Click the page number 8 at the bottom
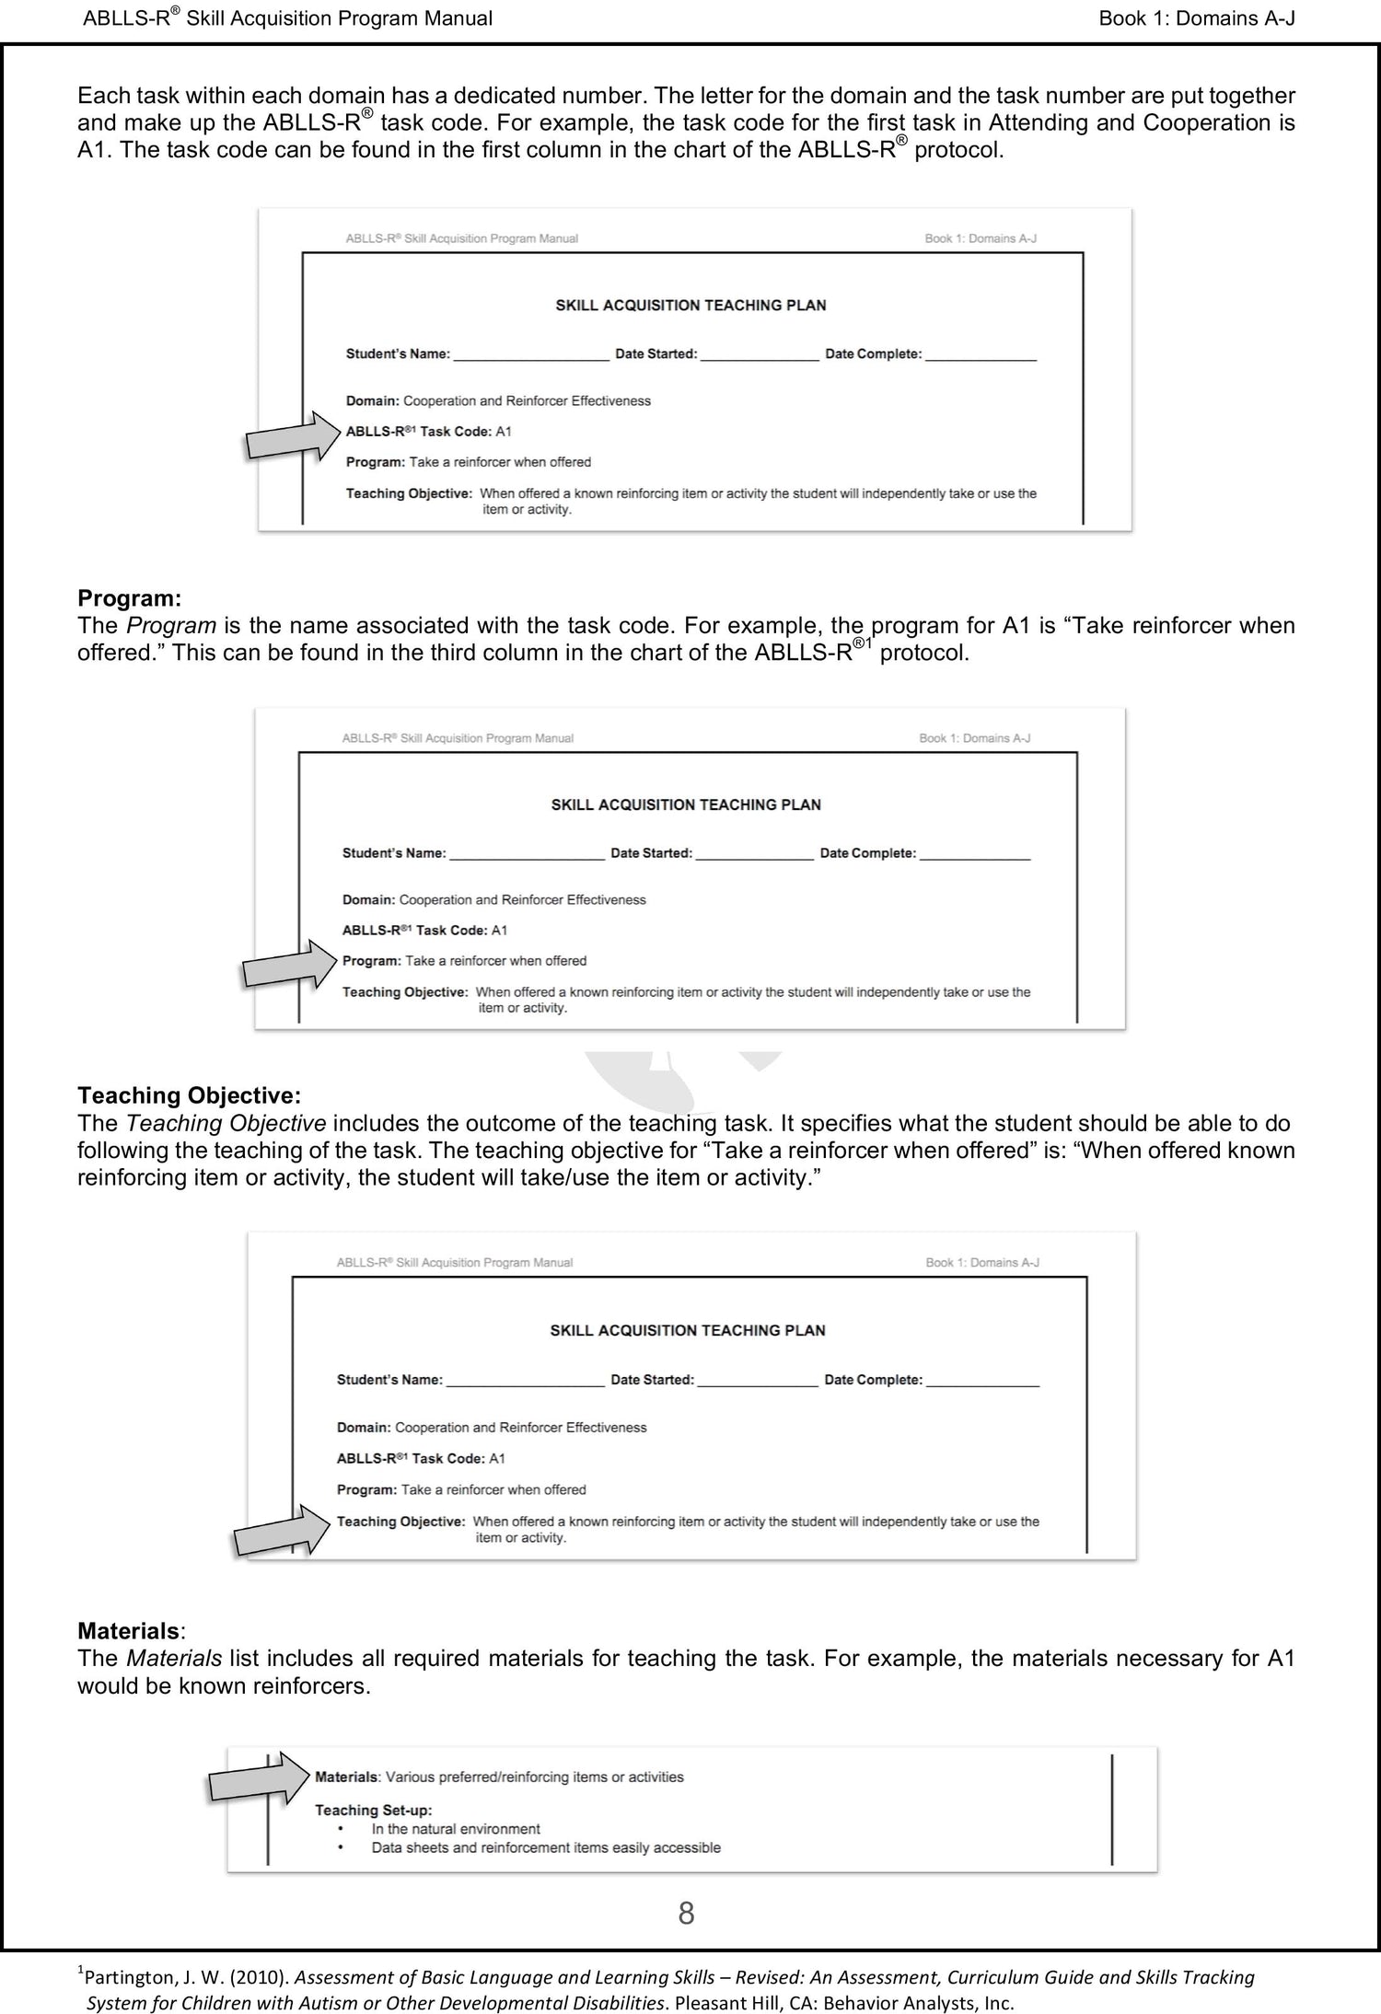point(686,1914)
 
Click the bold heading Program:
point(129,598)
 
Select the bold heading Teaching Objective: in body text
point(189,1095)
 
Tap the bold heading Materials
point(128,1631)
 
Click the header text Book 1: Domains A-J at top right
point(1196,18)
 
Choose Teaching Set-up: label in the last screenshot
point(373,1810)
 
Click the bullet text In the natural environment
point(456,1828)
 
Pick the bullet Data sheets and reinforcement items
point(546,1847)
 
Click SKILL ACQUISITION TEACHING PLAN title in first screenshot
point(690,305)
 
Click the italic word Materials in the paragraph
point(173,1659)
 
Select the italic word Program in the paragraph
point(170,626)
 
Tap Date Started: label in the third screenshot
point(652,1380)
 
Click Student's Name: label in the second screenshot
point(394,853)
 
